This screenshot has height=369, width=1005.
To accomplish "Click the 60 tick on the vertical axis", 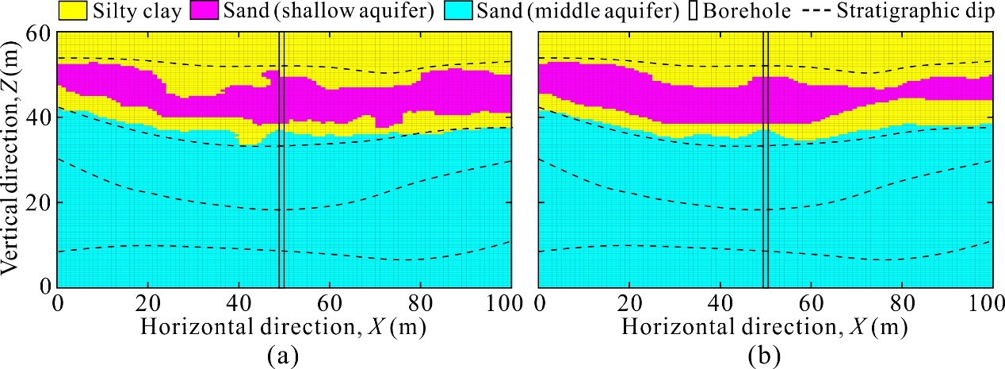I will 40,33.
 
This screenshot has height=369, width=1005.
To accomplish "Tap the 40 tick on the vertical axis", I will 40,117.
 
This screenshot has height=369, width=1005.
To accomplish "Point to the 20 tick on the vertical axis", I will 40,202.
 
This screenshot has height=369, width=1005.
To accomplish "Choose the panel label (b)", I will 766,352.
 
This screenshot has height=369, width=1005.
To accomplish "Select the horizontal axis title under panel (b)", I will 766,326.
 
